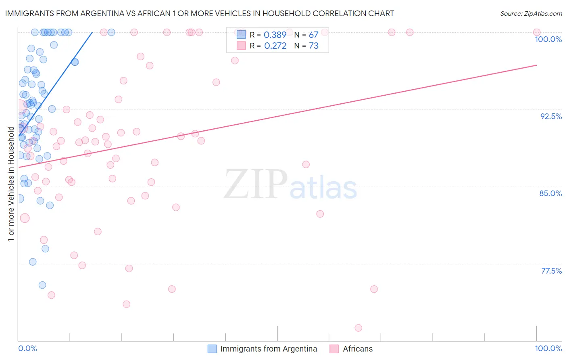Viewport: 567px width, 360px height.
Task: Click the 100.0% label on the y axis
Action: (x=548, y=39)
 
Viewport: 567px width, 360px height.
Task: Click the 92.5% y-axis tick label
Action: (x=551, y=116)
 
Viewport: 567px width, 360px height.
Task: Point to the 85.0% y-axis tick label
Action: (x=550, y=193)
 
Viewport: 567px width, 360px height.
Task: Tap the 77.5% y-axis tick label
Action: (x=551, y=271)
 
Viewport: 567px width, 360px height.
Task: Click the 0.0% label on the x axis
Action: (x=27, y=348)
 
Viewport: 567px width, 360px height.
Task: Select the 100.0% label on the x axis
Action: (x=548, y=348)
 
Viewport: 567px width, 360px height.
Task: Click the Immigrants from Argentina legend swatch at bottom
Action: (x=212, y=349)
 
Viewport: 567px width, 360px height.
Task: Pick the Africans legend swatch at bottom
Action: (x=334, y=349)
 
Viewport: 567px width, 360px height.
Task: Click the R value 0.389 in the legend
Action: (x=275, y=35)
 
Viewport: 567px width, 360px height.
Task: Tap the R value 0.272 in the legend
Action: (x=275, y=46)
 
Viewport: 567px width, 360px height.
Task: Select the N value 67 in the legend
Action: (x=313, y=35)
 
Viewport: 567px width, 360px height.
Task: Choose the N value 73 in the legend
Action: (x=313, y=46)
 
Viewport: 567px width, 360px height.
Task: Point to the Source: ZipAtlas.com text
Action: (x=531, y=13)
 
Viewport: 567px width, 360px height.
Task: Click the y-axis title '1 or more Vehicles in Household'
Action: (x=11, y=184)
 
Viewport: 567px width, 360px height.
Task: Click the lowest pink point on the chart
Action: (x=358, y=328)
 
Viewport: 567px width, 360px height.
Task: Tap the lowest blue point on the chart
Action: (x=42, y=285)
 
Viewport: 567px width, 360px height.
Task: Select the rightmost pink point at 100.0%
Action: (x=537, y=32)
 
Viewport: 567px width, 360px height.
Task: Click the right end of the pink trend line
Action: (x=537, y=65)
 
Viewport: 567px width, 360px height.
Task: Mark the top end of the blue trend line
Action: (x=92, y=32)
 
